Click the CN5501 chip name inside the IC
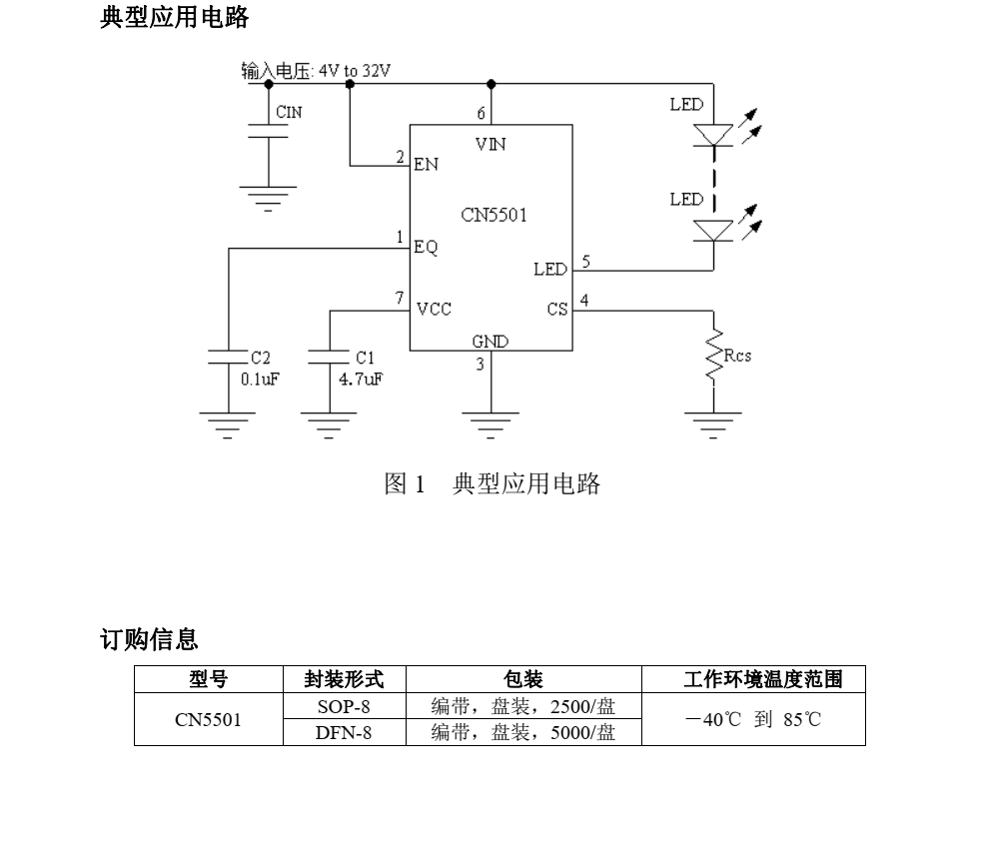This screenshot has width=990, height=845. [x=495, y=215]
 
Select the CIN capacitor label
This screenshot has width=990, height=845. [x=289, y=113]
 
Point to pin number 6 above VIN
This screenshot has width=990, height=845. [x=481, y=113]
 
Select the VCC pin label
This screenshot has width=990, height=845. [x=434, y=309]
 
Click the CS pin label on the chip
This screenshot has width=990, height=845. [x=557, y=309]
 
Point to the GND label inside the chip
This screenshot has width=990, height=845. [x=490, y=342]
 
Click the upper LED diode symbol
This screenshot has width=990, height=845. [x=713, y=135]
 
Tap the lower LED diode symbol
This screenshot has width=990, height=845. [x=713, y=231]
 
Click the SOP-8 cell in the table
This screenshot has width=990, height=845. [x=344, y=707]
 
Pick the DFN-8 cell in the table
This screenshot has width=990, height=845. [x=344, y=733]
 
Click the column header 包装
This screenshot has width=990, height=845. [x=523, y=681]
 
